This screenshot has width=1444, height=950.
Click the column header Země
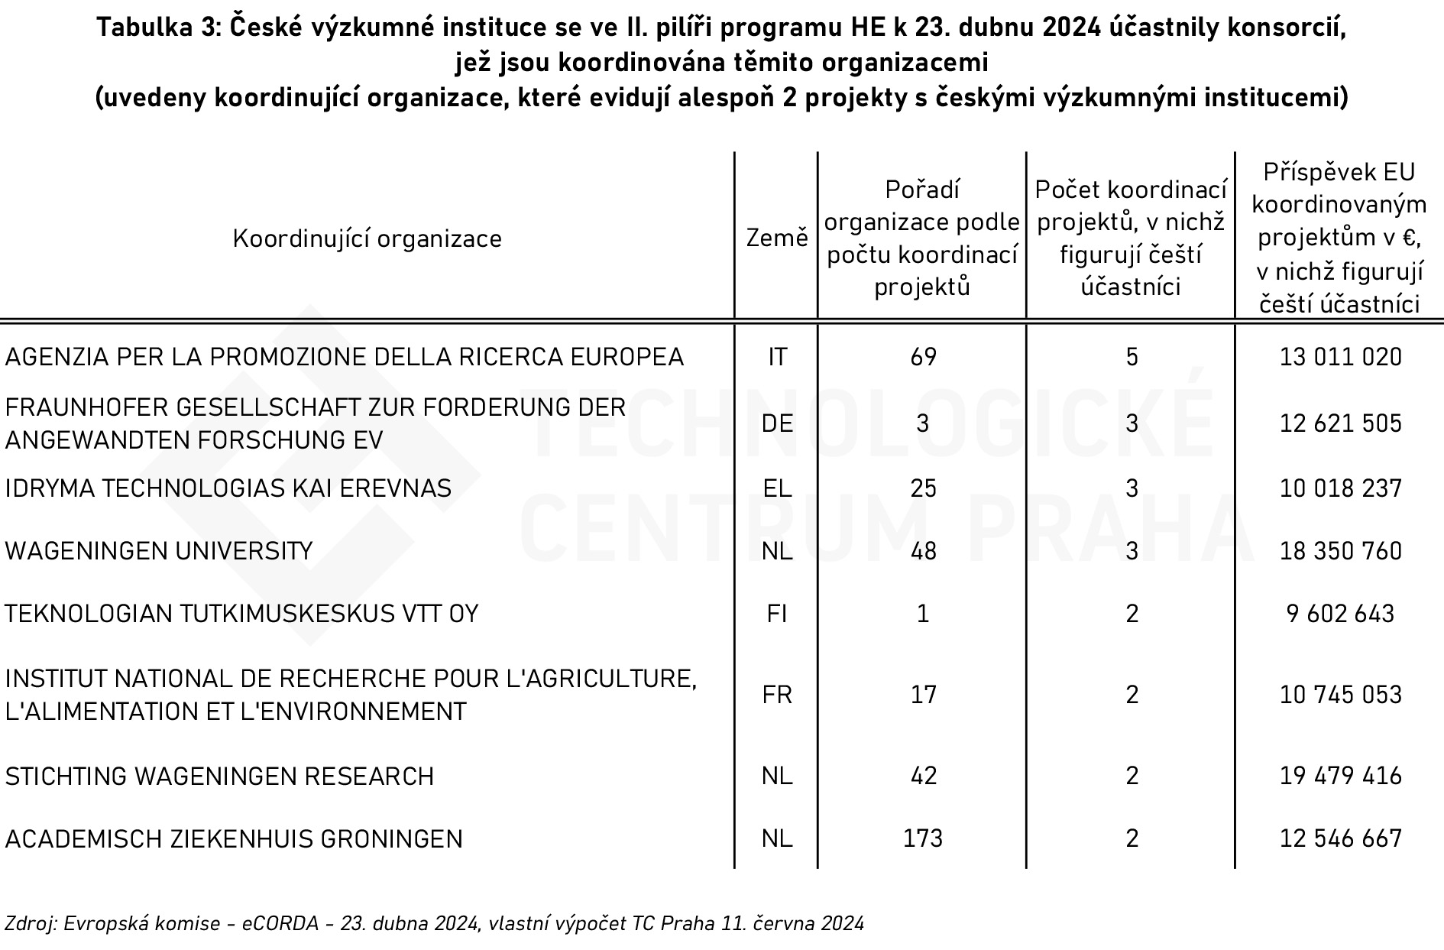776,238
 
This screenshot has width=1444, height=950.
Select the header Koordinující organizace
367,238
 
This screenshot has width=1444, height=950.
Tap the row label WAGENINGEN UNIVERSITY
159,551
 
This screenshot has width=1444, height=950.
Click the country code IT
777,357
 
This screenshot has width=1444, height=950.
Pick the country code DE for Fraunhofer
777,423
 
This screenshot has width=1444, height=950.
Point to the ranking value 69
923,357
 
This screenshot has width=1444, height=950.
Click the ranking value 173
923,838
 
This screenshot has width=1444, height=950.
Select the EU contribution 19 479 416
1341,776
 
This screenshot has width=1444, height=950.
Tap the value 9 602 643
1341,614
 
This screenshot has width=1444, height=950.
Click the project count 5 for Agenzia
1132,357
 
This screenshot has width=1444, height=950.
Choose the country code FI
777,614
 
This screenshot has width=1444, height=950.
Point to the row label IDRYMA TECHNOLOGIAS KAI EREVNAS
228,488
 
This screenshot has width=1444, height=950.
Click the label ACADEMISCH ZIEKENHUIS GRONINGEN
234,838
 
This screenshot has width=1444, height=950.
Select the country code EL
777,488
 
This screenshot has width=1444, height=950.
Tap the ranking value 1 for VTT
923,614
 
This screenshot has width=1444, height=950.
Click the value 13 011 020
1341,357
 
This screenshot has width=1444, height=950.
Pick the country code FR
777,695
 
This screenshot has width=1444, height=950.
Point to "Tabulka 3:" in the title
157,28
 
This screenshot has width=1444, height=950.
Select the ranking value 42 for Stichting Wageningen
923,776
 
